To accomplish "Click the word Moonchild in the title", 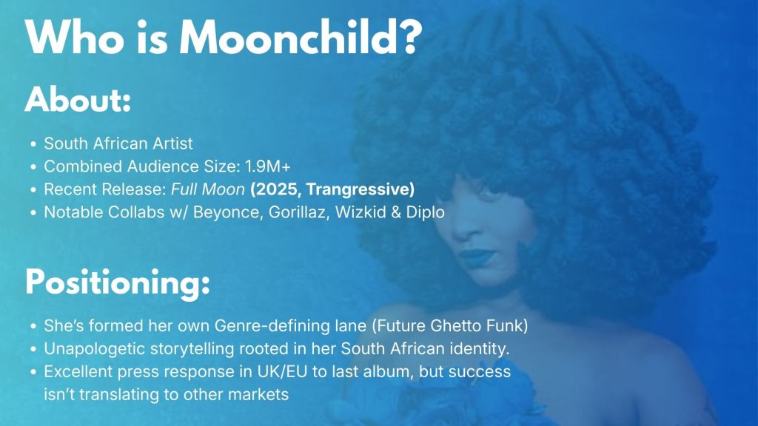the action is pos(289,38).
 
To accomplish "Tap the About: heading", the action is pos(78,100).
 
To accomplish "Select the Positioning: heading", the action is pos(118,283).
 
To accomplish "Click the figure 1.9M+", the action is pos(268,166).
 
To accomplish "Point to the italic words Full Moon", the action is pos(208,189).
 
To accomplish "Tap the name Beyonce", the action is pos(228,212).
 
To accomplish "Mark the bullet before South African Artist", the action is pos(33,144).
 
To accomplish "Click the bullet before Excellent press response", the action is pos(33,372).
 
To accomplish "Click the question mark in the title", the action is pos(412,38).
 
